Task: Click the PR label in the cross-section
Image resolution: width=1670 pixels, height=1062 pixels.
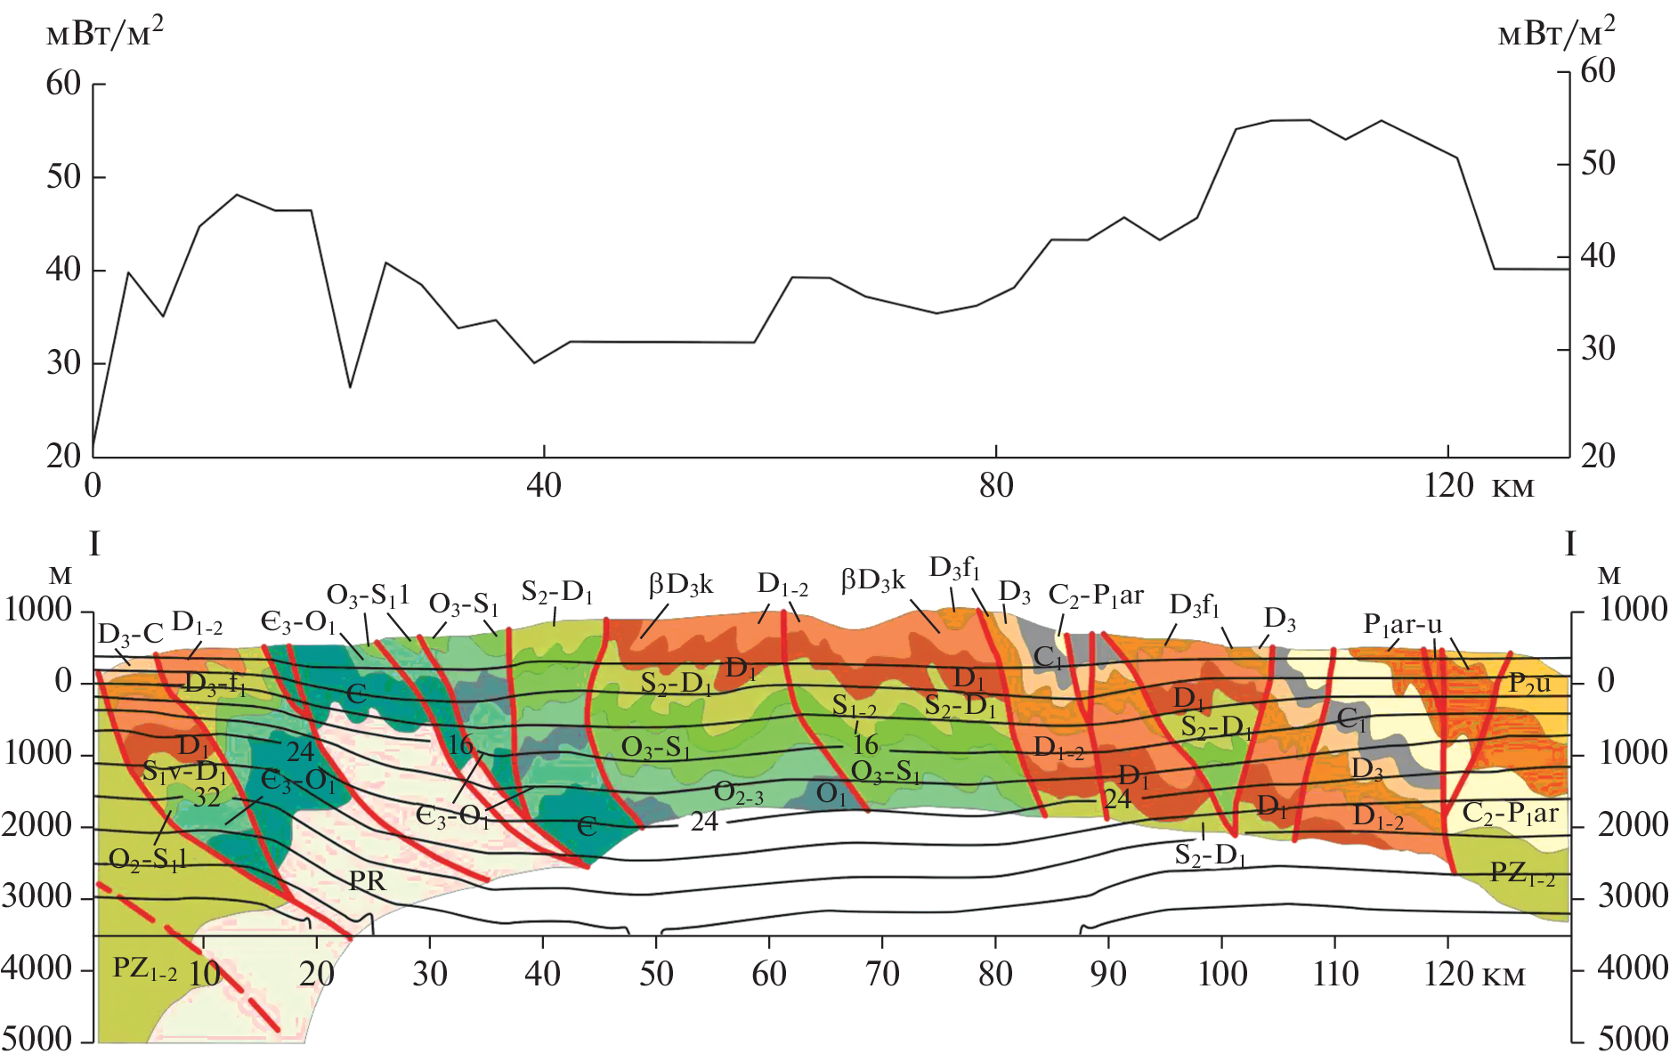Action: coord(367,880)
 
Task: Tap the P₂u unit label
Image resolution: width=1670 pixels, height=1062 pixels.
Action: coord(1529,683)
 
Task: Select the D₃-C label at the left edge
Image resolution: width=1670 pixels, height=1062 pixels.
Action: coord(130,634)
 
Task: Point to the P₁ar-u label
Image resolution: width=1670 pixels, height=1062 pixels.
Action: coord(1402,625)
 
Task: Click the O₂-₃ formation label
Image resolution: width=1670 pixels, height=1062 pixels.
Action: coord(738,792)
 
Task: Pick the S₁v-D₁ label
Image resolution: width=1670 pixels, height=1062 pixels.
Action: coord(184,771)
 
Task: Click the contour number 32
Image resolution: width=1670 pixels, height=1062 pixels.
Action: coord(207,797)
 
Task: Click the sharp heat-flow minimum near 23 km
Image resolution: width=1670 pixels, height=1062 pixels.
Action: coord(350,387)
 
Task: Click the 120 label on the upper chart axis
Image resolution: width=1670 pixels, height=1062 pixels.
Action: coord(1448,486)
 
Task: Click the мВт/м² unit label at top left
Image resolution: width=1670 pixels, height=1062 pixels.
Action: coord(104,33)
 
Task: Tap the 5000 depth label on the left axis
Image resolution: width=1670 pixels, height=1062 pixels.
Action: coord(37,1039)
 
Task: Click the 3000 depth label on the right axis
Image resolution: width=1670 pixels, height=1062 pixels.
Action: coord(1633,896)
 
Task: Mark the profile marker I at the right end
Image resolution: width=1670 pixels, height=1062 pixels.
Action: coord(1569,544)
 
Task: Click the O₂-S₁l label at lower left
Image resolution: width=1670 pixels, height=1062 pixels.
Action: coord(148,859)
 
